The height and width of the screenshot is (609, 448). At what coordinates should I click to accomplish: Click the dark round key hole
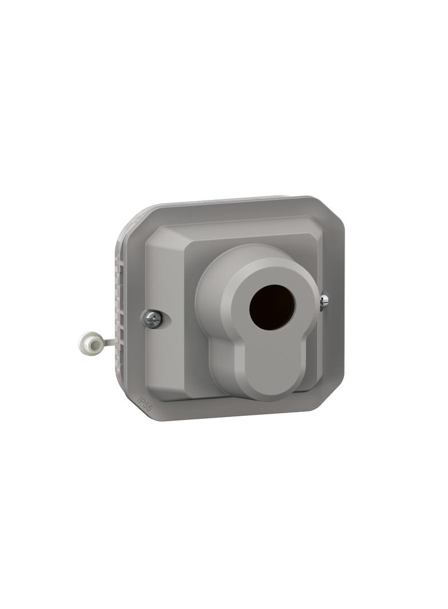pos(272,307)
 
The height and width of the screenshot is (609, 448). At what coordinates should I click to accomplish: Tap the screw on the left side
pos(153,319)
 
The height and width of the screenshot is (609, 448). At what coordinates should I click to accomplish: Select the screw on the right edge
pos(324,301)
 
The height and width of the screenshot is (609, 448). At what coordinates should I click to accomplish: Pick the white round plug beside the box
pos(89,342)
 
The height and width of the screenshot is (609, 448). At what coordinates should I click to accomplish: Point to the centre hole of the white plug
pos(88,342)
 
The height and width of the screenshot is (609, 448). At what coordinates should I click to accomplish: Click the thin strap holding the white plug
pos(108,342)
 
